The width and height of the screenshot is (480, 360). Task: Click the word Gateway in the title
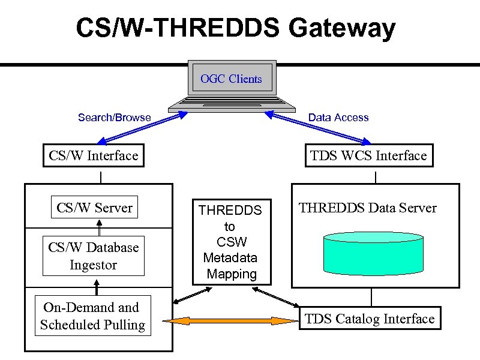click(x=341, y=28)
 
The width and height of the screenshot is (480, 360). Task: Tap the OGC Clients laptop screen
click(x=232, y=79)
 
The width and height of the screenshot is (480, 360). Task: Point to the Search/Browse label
click(x=115, y=118)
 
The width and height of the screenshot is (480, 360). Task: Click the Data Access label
click(x=338, y=118)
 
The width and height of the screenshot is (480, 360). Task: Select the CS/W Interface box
click(x=94, y=156)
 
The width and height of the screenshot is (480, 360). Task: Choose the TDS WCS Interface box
click(x=368, y=156)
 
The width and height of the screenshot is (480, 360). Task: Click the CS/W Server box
click(x=94, y=208)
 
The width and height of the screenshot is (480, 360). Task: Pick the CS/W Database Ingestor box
click(x=94, y=256)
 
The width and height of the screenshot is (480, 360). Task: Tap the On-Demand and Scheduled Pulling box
click(x=93, y=316)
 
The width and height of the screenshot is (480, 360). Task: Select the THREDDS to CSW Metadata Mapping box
click(x=232, y=242)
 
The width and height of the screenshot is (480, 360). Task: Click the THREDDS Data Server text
click(x=368, y=208)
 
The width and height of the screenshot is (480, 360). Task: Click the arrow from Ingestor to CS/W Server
click(x=99, y=228)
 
